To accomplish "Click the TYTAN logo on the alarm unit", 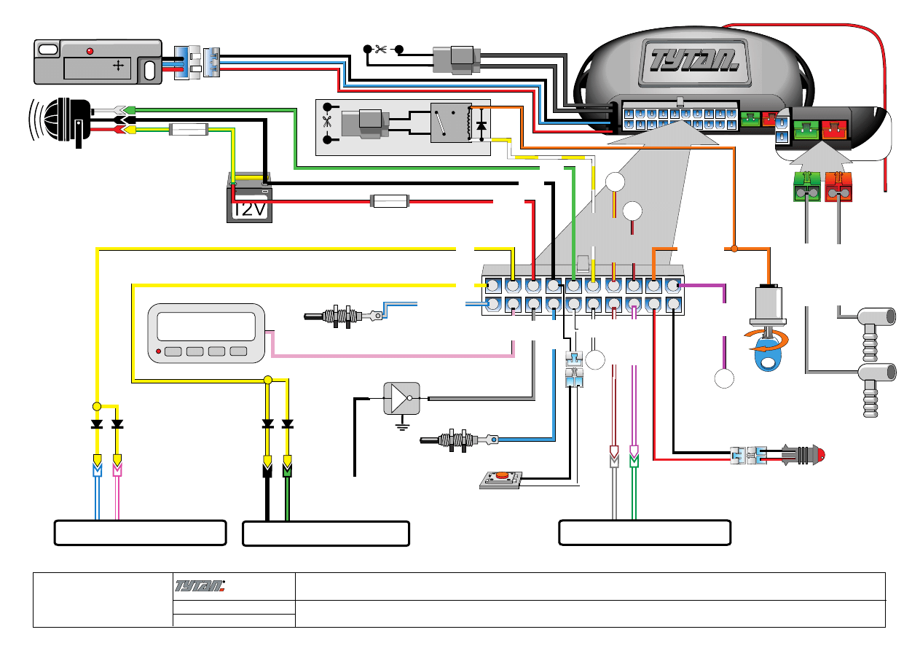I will (689, 58).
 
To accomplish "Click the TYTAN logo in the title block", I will (200, 585).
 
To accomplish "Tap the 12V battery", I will (249, 201).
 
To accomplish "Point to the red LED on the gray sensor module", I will (90, 52).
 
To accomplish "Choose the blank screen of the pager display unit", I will (206, 326).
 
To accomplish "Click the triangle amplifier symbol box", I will (401, 398).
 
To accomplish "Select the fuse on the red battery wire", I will (390, 200).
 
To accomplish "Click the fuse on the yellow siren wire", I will (189, 130).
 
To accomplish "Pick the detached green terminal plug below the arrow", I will (805, 186).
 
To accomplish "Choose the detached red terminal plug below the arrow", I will (838, 186).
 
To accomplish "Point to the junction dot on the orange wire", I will (734, 249).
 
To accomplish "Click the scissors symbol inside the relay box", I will (326, 122).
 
